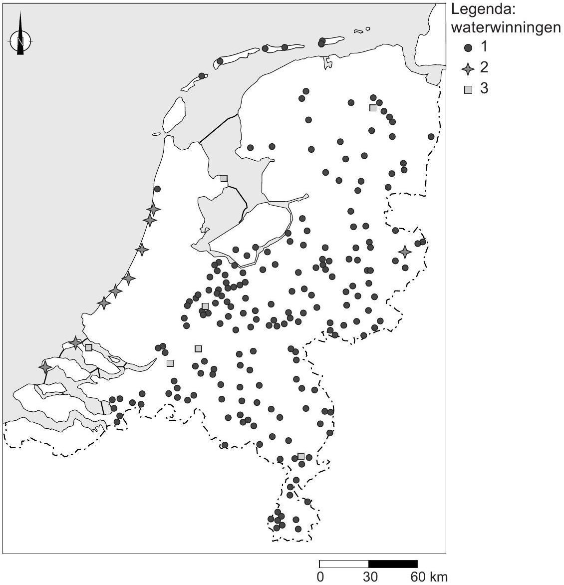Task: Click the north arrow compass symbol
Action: point(20,39)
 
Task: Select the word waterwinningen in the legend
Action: point(505,28)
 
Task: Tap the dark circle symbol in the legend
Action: point(468,48)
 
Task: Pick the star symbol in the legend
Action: point(468,69)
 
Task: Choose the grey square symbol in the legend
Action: point(468,90)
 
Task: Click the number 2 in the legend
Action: point(484,67)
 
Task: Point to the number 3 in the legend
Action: point(484,89)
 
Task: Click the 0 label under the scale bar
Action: point(320,577)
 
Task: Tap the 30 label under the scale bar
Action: point(370,577)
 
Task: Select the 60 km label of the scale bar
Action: point(429,577)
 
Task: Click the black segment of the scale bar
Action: point(393,564)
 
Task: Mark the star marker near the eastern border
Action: point(405,252)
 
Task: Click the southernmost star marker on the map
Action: point(45,367)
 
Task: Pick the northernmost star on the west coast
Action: point(153,210)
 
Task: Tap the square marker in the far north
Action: point(372,108)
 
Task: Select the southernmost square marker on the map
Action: point(301,456)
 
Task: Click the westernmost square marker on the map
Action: point(88,347)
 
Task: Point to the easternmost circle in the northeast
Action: point(431,136)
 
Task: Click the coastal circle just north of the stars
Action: point(157,189)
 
